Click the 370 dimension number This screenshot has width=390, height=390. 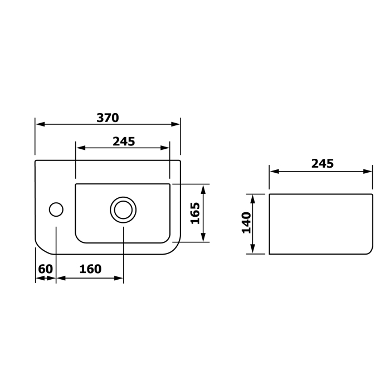[x=108, y=118]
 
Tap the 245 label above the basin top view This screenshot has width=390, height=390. [x=124, y=142]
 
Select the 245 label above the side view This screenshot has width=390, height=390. [x=323, y=163]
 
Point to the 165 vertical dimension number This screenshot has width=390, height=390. [x=195, y=213]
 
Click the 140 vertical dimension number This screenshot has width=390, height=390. [x=246, y=223]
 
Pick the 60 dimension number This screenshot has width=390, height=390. [x=46, y=269]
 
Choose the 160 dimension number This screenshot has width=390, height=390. [x=90, y=269]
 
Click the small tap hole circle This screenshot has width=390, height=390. [x=56, y=209]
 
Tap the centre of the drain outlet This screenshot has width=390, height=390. [x=123, y=210]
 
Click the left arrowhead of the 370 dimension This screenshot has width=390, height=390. [x=40, y=124]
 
